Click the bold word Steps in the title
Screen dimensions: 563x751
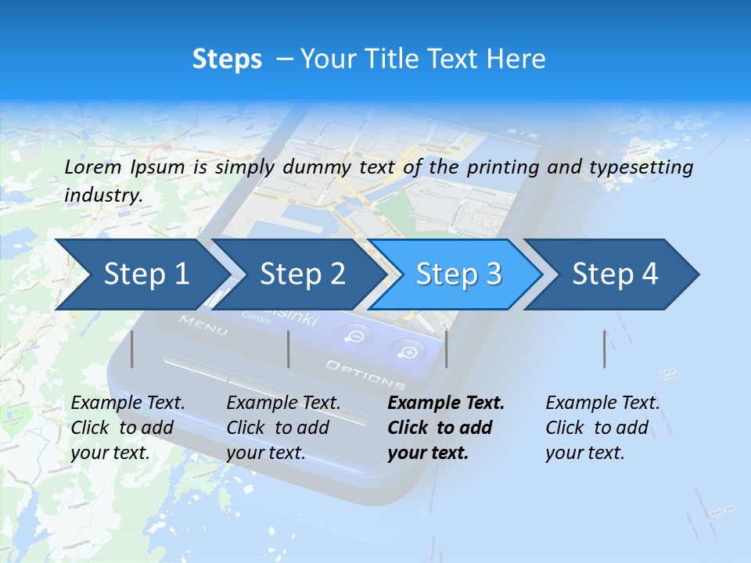pyautogui.click(x=227, y=59)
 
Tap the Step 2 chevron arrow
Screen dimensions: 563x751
pyautogui.click(x=302, y=274)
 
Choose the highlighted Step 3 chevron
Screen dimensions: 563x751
pyautogui.click(x=458, y=274)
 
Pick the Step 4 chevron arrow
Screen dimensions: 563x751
pyautogui.click(x=615, y=274)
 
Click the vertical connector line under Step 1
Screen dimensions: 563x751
pyautogui.click(x=132, y=349)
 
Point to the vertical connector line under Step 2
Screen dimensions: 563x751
pyautogui.click(x=289, y=349)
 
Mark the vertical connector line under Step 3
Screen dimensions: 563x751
pyautogui.click(x=447, y=349)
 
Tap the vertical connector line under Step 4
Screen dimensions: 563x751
pyautogui.click(x=605, y=349)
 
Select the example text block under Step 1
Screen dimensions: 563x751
pyautogui.click(x=128, y=428)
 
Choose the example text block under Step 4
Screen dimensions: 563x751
pyautogui.click(x=602, y=428)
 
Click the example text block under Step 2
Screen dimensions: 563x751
pyautogui.click(x=283, y=428)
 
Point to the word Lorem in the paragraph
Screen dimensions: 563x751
pyautogui.click(x=93, y=167)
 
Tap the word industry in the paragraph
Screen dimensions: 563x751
pyautogui.click(x=102, y=195)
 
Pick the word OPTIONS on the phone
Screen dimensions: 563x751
pyautogui.click(x=365, y=375)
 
